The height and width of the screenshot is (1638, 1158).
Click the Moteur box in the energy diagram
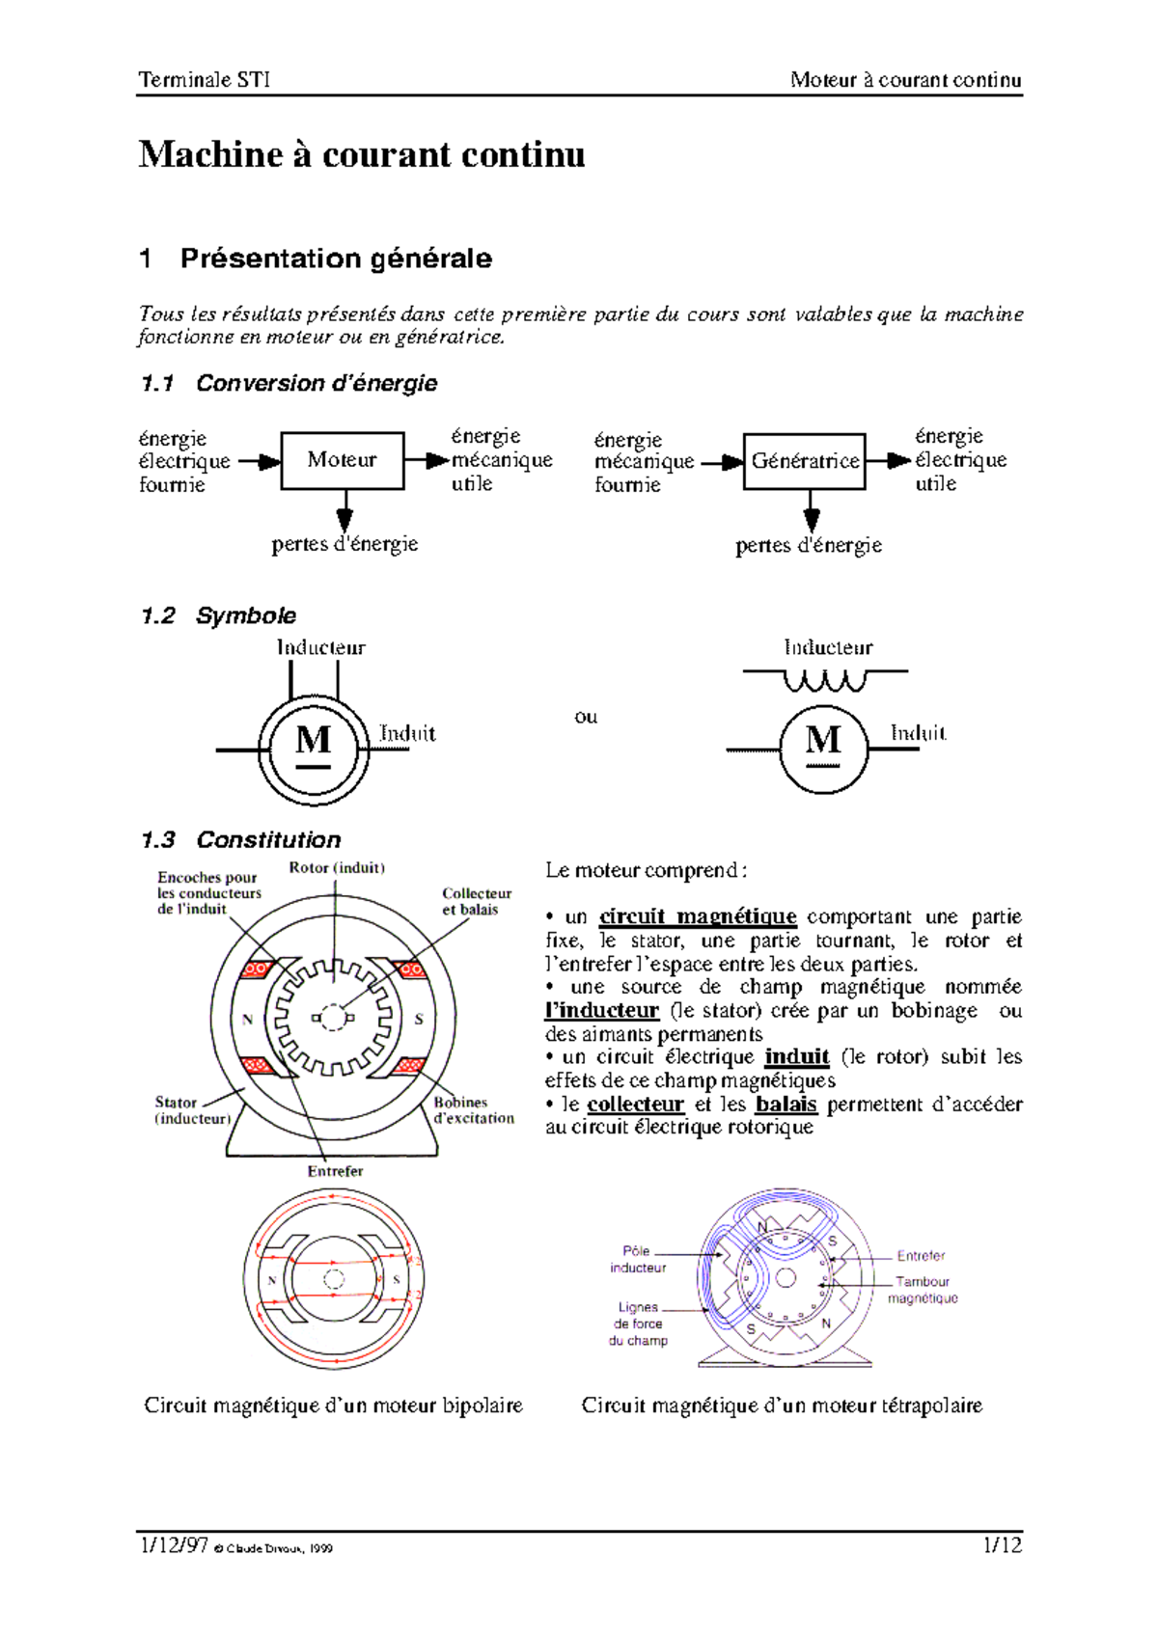342,460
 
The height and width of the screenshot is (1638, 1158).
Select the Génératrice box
805,461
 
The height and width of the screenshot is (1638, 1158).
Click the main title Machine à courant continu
362,155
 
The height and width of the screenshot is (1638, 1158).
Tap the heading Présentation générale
335,259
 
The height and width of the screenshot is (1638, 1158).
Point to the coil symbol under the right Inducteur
824,681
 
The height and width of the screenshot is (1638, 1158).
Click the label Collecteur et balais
476,901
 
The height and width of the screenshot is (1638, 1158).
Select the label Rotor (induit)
337,867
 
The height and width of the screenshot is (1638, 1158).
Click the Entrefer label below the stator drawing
335,1171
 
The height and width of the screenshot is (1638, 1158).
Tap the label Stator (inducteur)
191,1110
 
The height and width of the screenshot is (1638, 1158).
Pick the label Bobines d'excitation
473,1110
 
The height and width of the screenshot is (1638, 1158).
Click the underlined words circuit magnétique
698,916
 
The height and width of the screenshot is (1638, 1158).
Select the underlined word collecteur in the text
635,1104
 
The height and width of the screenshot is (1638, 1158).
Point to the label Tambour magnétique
923,1290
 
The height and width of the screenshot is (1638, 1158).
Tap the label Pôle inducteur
637,1259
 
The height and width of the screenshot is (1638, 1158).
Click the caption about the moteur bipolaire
333,1406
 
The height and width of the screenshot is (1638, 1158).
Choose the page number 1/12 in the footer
1002,1545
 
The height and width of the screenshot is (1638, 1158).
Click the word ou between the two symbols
586,717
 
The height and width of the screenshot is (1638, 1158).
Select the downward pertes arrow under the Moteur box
345,510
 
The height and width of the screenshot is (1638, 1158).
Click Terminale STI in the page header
205,80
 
